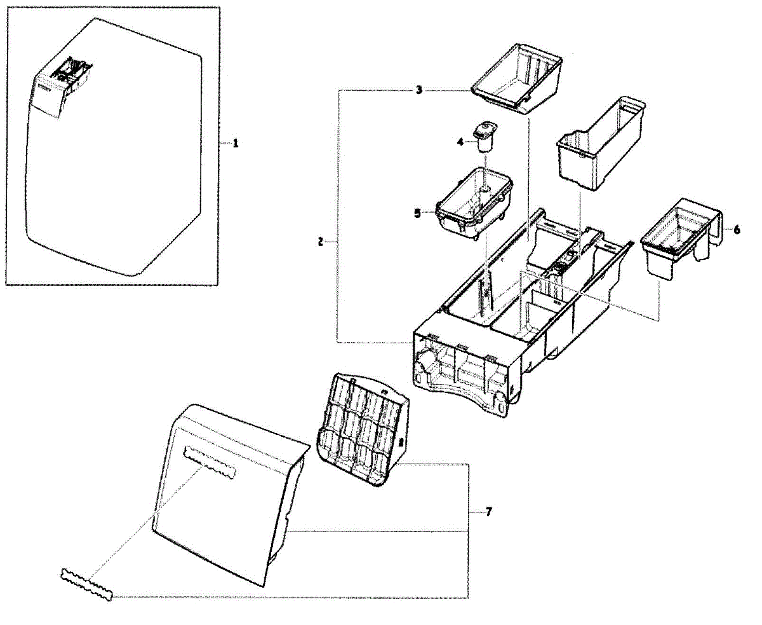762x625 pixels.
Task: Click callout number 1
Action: pos(236,144)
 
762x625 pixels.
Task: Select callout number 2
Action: pos(322,242)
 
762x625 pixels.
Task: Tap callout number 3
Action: pos(419,90)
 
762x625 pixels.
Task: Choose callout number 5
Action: pos(417,214)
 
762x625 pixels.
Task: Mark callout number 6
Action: pos(737,230)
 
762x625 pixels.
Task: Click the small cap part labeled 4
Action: pos(485,135)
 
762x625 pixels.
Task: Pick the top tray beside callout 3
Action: pos(518,78)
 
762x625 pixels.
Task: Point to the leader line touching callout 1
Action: pos(225,144)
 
